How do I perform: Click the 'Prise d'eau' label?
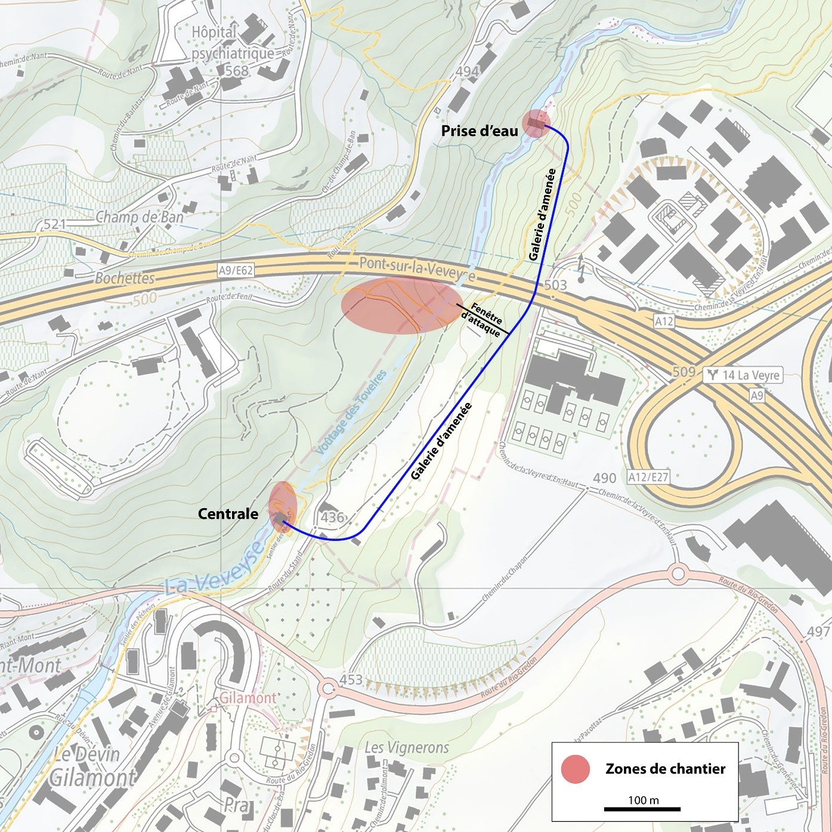coord(480,131)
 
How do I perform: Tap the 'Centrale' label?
coord(228,514)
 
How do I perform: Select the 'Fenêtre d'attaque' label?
coord(484,320)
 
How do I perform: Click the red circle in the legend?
coord(575,769)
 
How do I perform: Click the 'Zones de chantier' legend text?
coord(665,769)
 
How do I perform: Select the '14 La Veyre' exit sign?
coord(744,375)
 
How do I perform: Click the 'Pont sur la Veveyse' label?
coord(417,269)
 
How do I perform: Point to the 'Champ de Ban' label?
coord(140,217)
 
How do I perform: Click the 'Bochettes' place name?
coord(125,278)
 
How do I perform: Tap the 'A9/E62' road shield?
coord(236,270)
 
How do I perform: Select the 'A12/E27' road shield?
coord(648,477)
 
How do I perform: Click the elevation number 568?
coord(236,70)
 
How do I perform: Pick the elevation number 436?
coord(332,517)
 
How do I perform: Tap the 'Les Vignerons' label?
coord(406,747)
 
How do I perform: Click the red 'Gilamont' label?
coord(248,698)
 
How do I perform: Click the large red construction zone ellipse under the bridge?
coord(401,305)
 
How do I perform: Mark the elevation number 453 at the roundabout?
coord(351,679)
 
